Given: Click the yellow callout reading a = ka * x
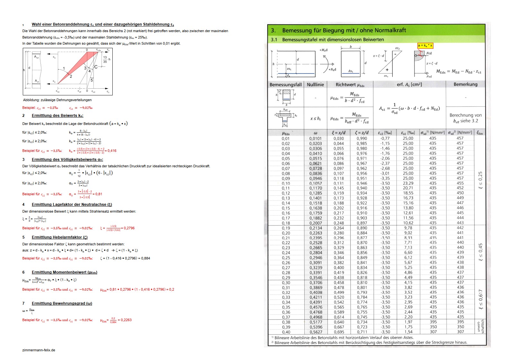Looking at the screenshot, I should (x=425, y=46).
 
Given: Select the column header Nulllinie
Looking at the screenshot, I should (x=315, y=84).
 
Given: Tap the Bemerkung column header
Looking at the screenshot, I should (x=465, y=84).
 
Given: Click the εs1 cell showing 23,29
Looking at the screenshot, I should (x=408, y=183).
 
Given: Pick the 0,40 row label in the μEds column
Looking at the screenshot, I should (x=286, y=332).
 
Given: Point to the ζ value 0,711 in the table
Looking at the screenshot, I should (x=362, y=332).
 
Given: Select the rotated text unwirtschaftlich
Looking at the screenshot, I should (x=481, y=326).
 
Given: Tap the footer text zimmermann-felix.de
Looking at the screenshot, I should (x=39, y=350).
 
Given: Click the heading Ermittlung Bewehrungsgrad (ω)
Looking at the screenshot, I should (x=62, y=303).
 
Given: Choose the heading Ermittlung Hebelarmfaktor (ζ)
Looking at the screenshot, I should (x=59, y=237).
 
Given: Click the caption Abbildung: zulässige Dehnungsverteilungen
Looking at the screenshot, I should (x=57, y=100).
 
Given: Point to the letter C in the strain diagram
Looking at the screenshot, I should (x=96, y=67).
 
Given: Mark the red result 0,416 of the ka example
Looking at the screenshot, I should (x=112, y=151).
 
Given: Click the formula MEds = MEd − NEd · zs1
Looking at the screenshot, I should (x=458, y=72).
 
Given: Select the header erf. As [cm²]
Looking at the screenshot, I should (x=409, y=84).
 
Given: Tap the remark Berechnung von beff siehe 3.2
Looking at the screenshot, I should (x=465, y=118).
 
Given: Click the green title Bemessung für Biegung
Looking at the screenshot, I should (x=344, y=30).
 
